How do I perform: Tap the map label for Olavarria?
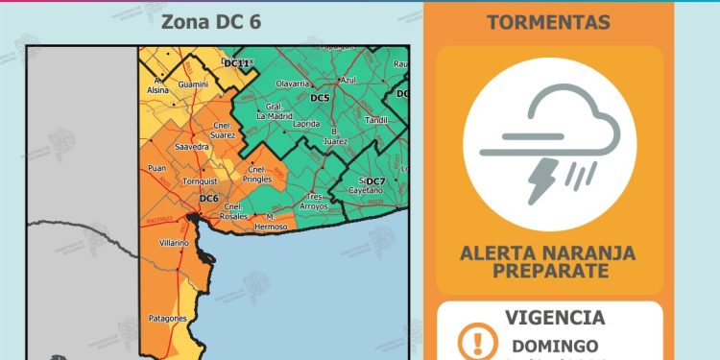293,84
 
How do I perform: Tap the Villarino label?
174,244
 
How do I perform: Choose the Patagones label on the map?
167,318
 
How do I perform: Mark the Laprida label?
307,124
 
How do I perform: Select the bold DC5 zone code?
320,99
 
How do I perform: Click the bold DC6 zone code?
209,199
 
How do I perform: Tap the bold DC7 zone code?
375,181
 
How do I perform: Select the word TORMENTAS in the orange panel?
549,21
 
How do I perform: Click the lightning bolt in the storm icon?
542,180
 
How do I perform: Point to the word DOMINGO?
556,346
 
